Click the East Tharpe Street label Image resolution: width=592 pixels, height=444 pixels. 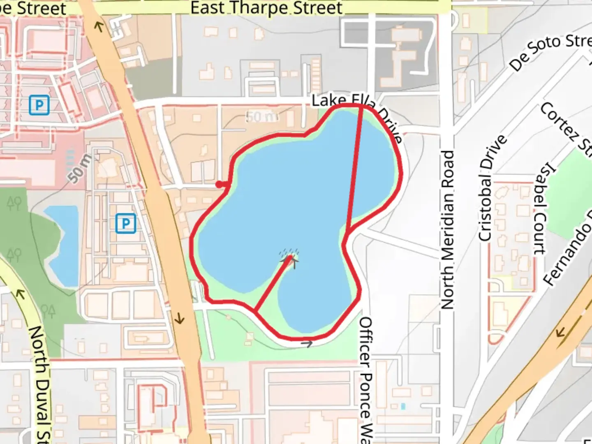coord(266,8)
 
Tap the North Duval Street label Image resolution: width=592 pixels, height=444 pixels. coord(40,382)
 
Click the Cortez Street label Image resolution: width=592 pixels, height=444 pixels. coord(565,127)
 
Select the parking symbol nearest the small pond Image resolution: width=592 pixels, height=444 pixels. coord(125,223)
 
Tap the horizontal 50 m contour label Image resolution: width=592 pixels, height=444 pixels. coord(261,117)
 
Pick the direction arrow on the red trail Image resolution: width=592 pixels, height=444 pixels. coord(307,343)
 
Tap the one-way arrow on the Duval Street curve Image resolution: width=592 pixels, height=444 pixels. coord(19,294)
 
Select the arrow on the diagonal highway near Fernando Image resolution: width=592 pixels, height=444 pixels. coord(560,331)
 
